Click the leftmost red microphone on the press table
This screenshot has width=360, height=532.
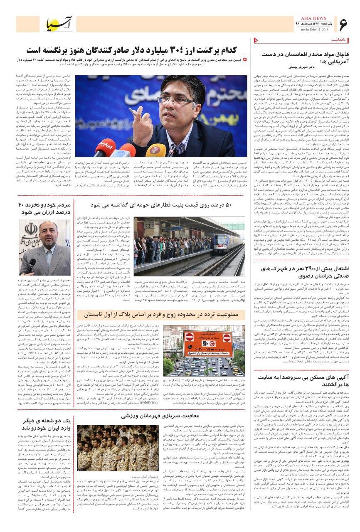click(104, 147)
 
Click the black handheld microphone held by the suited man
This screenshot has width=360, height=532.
click(32, 266)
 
